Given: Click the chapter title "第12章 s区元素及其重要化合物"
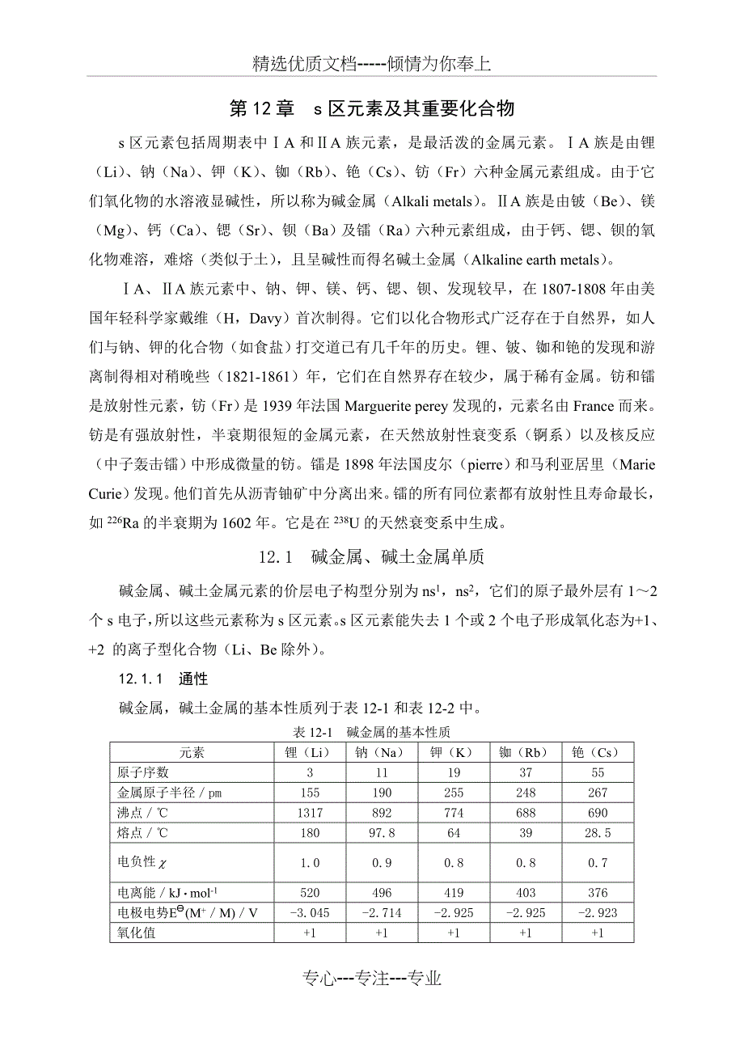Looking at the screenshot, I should pyautogui.click(x=372, y=108).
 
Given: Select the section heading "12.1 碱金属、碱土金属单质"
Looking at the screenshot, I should pyautogui.click(x=371, y=557).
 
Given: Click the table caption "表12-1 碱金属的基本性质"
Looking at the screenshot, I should pyautogui.click(x=372, y=732).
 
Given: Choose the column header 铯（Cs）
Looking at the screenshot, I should pyautogui.click(x=597, y=752).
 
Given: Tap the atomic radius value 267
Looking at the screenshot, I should pyautogui.click(x=597, y=793).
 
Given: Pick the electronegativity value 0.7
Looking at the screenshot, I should pyautogui.click(x=597, y=863).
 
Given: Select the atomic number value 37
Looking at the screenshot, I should pyautogui.click(x=525, y=772).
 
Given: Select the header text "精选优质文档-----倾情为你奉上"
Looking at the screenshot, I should pyautogui.click(x=372, y=65).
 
